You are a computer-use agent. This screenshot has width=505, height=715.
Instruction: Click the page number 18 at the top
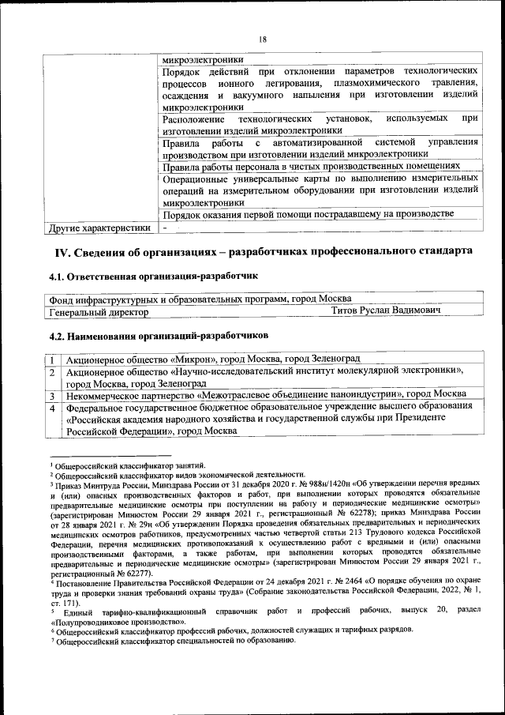tap(263, 40)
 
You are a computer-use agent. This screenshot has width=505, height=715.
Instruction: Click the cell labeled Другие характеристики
tap(98, 228)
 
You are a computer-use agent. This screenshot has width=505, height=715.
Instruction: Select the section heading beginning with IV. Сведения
tap(264, 251)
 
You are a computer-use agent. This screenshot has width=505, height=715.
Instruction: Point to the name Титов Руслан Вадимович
tap(385, 312)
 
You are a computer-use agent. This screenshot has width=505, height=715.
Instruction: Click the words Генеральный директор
tap(99, 312)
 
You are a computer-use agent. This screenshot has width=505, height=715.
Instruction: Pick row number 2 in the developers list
tap(52, 371)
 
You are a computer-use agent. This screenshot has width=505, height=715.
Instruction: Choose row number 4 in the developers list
tap(52, 408)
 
